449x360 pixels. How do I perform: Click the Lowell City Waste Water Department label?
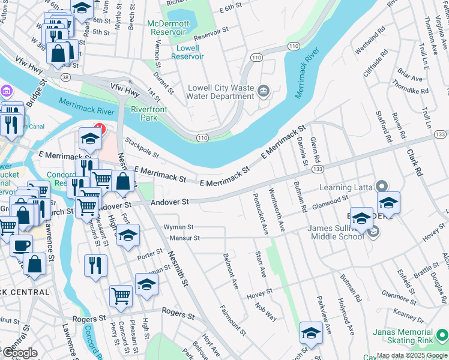coord(220,91)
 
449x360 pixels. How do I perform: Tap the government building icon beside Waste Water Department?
coord(263,91)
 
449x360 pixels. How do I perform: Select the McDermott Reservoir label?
coord(168,27)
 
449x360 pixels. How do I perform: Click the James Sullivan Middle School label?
coord(336,232)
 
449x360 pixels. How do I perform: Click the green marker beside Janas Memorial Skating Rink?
coord(442,334)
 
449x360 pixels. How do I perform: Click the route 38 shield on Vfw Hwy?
coord(65,77)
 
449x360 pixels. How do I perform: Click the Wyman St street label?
coord(178,227)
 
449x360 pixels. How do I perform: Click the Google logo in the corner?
coord(19,353)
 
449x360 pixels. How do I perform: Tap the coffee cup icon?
coord(22,245)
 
